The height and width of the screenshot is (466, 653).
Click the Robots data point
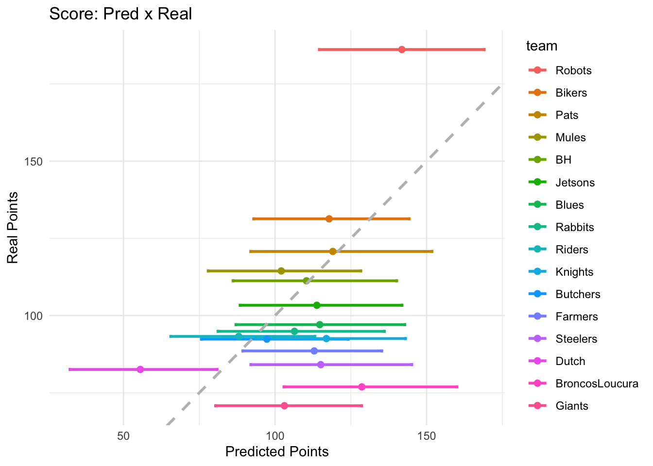(x=401, y=50)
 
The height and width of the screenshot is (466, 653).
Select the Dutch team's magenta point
(x=140, y=369)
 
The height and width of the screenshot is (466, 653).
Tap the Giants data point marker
(x=284, y=406)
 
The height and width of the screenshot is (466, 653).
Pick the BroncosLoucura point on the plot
(x=361, y=387)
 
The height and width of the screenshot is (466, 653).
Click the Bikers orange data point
(x=329, y=219)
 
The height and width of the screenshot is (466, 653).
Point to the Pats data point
(x=333, y=251)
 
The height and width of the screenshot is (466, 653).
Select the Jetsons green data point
(x=317, y=305)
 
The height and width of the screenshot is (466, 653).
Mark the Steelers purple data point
(x=321, y=365)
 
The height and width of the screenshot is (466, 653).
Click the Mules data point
(x=281, y=271)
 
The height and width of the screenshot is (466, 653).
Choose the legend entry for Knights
(x=574, y=272)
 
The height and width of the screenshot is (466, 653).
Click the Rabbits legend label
(x=574, y=227)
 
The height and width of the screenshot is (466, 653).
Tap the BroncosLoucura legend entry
(x=597, y=383)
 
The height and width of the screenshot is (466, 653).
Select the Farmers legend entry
(x=576, y=316)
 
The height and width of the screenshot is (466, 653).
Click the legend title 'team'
(x=541, y=46)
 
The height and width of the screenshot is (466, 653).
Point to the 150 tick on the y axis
(x=34, y=162)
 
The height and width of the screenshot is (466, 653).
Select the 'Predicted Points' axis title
(x=277, y=452)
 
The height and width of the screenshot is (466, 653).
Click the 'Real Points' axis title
(x=13, y=228)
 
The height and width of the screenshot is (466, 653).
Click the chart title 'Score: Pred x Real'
(x=120, y=14)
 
